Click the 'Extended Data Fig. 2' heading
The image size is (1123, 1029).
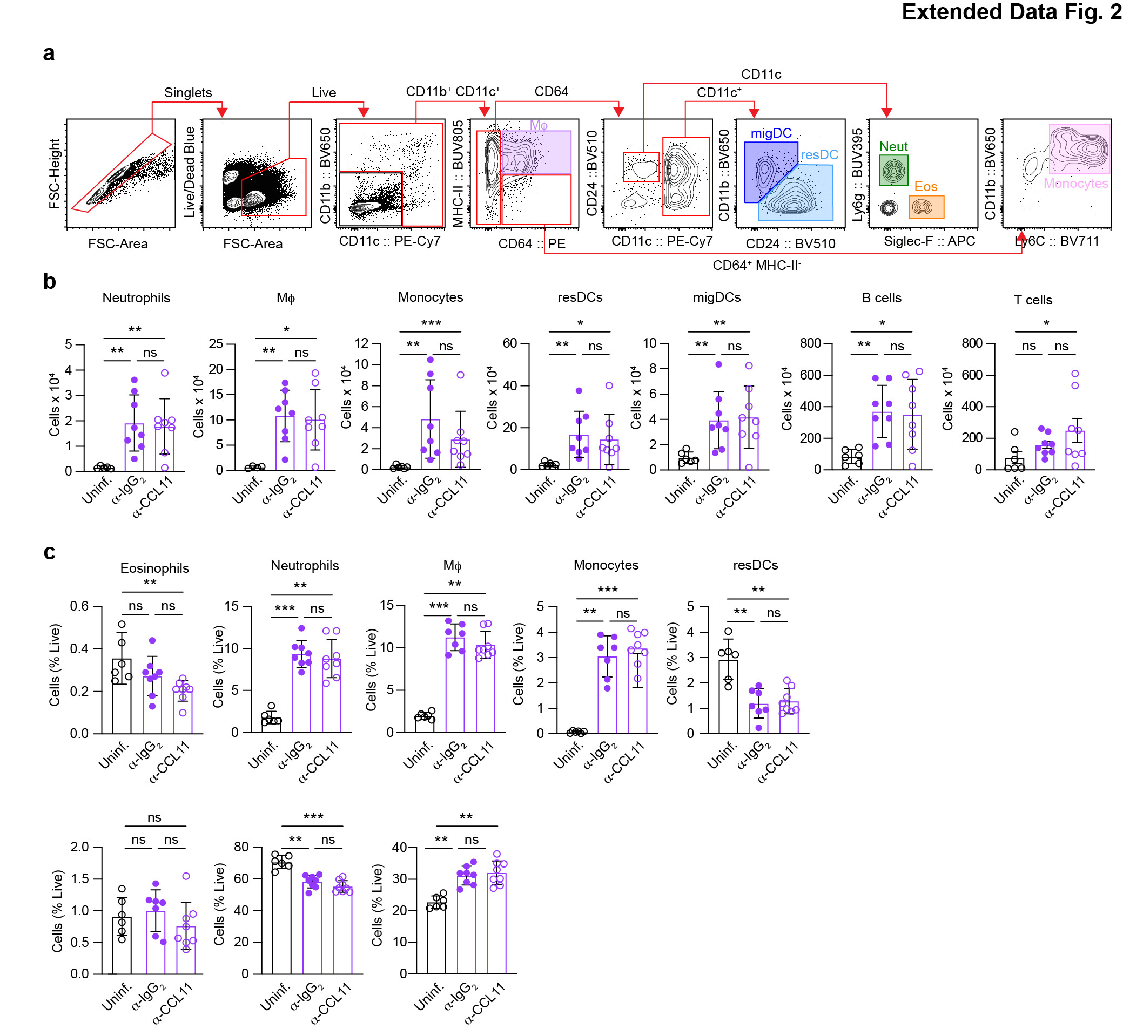(1011, 12)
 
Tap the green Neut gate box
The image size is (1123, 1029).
(893, 171)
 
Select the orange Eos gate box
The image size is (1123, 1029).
(926, 207)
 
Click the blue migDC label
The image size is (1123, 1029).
(771, 134)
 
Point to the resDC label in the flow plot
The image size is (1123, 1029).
(819, 155)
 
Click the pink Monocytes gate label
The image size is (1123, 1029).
(1075, 184)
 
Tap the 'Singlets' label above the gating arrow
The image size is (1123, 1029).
(188, 92)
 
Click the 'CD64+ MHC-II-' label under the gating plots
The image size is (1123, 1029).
(756, 266)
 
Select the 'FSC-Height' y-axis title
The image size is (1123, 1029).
(55, 174)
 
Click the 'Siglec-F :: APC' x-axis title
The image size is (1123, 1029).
(929, 241)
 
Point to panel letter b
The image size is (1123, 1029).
(50, 282)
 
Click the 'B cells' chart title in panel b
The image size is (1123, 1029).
(881, 298)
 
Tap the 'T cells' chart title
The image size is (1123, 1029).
(1033, 300)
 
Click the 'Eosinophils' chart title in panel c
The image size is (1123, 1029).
(154, 568)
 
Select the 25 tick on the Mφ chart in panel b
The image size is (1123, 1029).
(216, 344)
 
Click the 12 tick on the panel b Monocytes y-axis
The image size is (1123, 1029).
(361, 343)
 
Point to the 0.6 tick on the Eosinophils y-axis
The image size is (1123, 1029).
(79, 606)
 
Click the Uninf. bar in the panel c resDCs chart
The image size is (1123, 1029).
(728, 696)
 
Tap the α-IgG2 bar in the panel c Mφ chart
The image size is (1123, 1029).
(455, 685)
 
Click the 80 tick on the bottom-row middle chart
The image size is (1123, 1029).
(241, 847)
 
